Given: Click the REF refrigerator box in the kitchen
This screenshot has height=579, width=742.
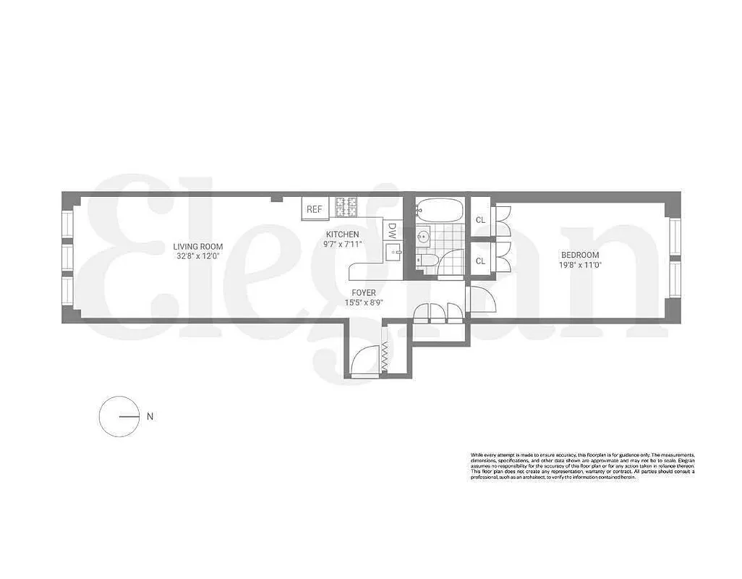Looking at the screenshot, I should [x=314, y=209].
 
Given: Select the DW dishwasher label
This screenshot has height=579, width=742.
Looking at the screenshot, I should [x=391, y=230].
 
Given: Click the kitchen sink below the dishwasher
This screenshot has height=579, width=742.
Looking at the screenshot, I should [x=393, y=253].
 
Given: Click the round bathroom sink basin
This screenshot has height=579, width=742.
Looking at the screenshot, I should [x=424, y=235].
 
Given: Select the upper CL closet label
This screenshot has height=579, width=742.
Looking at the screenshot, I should [x=480, y=221].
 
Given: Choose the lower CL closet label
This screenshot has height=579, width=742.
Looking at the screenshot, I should [x=480, y=261].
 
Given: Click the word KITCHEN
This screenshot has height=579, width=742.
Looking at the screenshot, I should [x=342, y=234].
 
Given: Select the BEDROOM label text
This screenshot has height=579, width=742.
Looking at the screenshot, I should [x=581, y=255].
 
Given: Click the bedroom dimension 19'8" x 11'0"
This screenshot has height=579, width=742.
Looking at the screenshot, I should [x=581, y=265].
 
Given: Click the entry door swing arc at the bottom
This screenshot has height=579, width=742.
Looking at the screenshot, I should [x=365, y=359].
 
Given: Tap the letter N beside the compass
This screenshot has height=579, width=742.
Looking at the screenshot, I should [x=150, y=416].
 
